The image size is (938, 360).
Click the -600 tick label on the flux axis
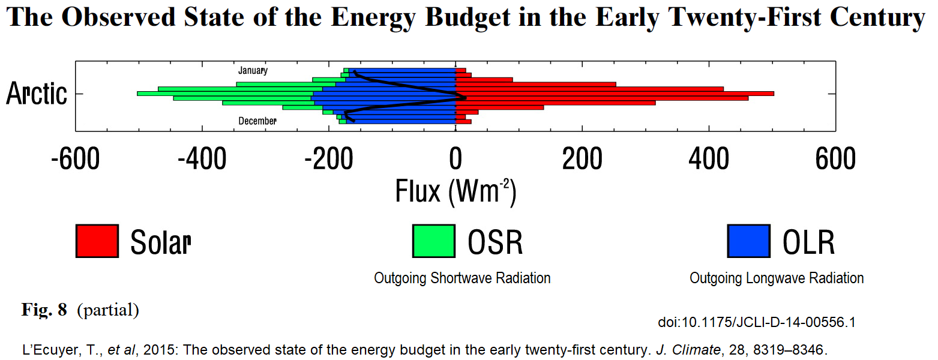coord(76,159)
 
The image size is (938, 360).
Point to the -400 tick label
coord(202,159)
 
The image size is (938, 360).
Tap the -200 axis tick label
coord(328,159)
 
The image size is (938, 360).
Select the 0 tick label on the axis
coord(455,159)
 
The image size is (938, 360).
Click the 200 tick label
coord(582,159)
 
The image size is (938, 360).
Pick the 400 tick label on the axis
coord(709,159)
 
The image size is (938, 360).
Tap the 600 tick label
coord(835,159)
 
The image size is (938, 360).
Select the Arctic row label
coord(37,94)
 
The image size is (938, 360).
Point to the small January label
coord(253,70)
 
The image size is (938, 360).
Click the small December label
coord(257,121)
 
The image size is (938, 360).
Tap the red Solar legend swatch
coord(97,241)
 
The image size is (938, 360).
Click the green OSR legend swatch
coord(433,241)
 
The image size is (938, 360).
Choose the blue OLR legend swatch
coord(748,241)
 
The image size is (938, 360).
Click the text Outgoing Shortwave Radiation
coord(462,278)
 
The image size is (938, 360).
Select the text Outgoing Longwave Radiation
coord(777,278)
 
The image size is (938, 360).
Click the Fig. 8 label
coord(44,310)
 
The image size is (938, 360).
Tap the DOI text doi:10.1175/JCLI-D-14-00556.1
coord(756,323)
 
